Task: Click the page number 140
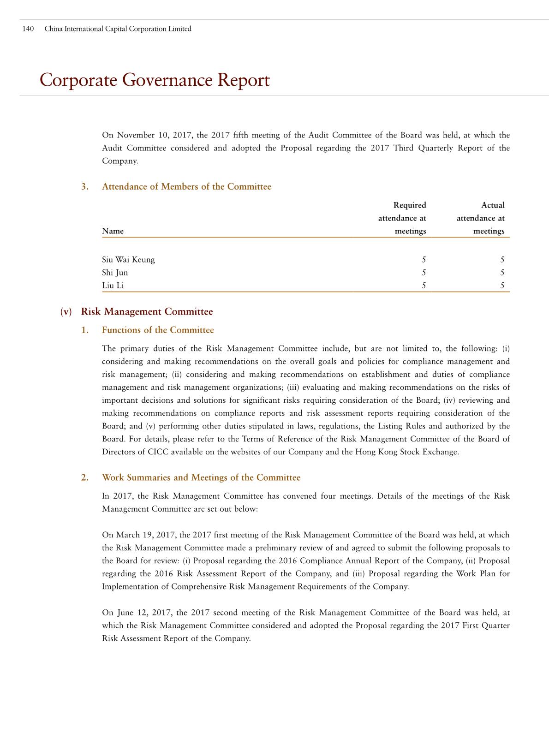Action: click(28, 29)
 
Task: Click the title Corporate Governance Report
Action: click(155, 80)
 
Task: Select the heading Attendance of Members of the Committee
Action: click(186, 187)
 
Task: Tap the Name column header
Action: click(113, 231)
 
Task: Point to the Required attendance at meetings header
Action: click(402, 218)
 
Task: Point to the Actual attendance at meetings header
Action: click(481, 218)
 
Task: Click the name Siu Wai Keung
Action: click(128, 260)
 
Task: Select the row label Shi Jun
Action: click(115, 273)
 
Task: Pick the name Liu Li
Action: click(113, 286)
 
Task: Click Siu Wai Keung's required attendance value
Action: click(424, 260)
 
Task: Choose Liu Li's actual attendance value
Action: click(502, 286)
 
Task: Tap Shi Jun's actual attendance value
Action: click(502, 273)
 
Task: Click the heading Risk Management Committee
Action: click(147, 312)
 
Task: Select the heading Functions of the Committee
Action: click(158, 330)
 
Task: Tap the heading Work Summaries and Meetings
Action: click(201, 478)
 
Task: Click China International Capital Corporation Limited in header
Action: click(118, 29)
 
